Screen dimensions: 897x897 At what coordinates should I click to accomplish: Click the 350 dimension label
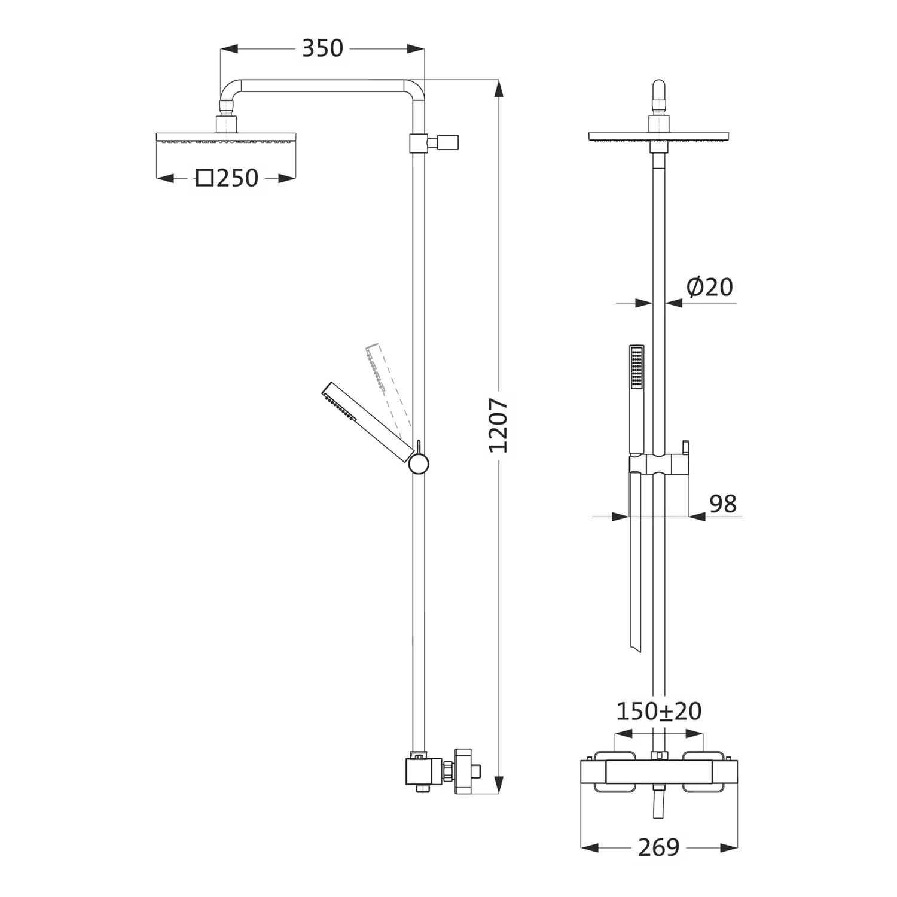[x=322, y=48]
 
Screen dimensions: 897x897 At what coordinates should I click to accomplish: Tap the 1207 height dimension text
[x=498, y=425]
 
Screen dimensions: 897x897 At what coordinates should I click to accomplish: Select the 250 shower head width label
[x=237, y=178]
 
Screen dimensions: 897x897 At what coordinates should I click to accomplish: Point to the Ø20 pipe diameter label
[x=710, y=288]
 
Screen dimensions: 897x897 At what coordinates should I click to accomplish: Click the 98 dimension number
[x=723, y=504]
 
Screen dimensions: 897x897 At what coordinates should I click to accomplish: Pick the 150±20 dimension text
[x=658, y=711]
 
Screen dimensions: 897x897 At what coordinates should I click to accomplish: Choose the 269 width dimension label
[x=659, y=847]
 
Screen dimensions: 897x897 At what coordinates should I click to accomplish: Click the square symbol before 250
[x=205, y=178]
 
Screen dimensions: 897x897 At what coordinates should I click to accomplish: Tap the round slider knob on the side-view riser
[x=419, y=465]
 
